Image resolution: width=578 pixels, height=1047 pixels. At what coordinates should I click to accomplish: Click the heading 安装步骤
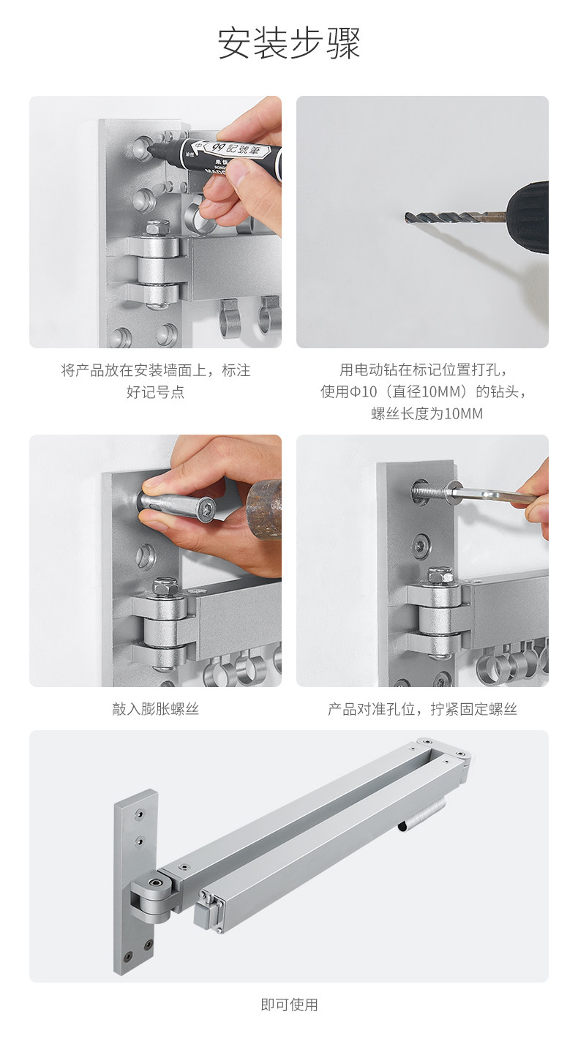point(289,43)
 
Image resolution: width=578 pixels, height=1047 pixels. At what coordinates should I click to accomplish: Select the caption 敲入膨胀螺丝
point(156,709)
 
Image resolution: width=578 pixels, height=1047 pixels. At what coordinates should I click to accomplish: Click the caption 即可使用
point(289,1005)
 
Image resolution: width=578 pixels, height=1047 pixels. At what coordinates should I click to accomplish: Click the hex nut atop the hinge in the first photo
point(157,228)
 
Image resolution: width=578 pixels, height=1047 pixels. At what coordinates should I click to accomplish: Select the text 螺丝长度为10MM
point(427,413)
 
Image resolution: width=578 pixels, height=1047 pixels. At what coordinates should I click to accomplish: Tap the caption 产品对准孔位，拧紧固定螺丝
point(422,709)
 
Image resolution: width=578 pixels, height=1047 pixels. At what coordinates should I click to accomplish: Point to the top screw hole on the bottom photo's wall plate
point(139,814)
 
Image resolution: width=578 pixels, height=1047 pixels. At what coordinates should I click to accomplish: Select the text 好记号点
point(156,391)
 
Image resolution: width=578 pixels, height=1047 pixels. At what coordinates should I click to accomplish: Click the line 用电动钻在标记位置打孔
point(423,369)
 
